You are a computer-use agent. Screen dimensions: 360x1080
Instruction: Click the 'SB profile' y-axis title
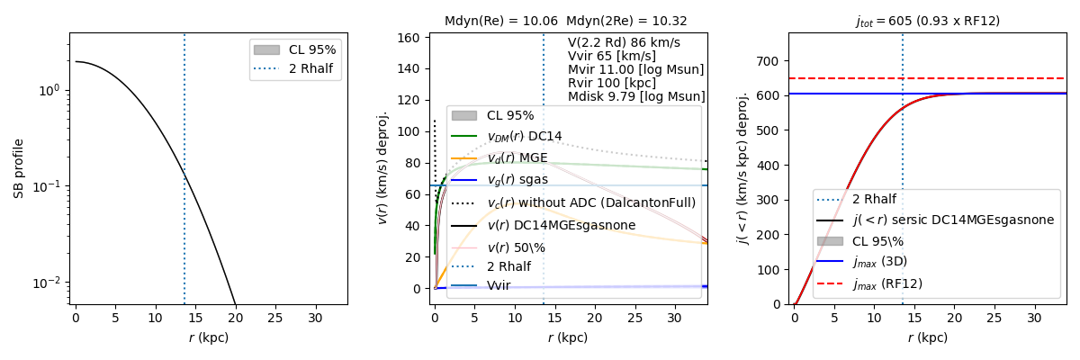[x=19, y=168]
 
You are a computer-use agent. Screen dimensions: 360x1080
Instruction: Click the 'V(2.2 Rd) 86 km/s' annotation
[x=624, y=42]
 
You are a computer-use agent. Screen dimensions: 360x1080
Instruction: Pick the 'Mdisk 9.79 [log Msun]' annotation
[x=636, y=96]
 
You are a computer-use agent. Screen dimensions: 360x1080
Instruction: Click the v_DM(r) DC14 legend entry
[x=524, y=137]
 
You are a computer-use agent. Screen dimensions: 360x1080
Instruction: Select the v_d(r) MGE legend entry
[x=517, y=158]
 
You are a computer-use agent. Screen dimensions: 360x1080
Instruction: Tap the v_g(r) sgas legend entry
[x=517, y=180]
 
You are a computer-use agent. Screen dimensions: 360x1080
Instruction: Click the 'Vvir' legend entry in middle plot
[x=499, y=285]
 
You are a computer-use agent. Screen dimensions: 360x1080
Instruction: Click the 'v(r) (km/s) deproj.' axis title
[x=382, y=168]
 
